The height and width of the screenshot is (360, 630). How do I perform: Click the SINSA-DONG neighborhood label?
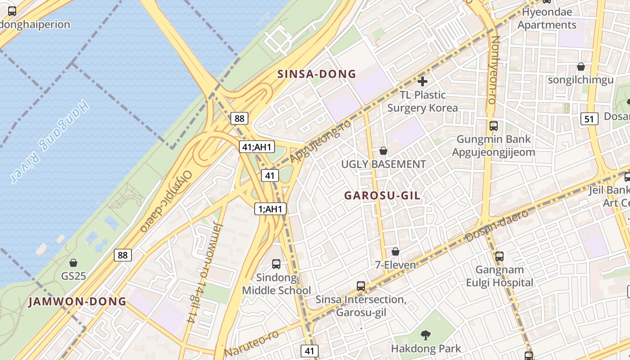[x=317, y=74]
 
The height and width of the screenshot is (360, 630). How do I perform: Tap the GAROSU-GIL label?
[x=382, y=196]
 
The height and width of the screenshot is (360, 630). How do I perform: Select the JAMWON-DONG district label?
[x=77, y=301]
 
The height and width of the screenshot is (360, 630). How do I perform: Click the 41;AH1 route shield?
[x=256, y=147]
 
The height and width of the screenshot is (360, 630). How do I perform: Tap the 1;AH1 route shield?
[x=270, y=209]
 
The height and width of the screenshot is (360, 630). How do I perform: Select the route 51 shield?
[x=589, y=119]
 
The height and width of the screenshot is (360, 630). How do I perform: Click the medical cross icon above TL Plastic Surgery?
[x=422, y=81]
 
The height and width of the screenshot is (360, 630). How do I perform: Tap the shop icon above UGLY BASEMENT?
[x=383, y=151]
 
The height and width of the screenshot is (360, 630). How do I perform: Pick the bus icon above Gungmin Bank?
[x=494, y=126]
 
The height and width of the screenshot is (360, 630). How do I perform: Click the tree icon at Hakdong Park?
[x=425, y=335]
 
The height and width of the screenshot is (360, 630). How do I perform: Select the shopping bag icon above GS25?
[x=73, y=262]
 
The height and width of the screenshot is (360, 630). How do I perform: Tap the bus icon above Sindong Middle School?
[x=276, y=264]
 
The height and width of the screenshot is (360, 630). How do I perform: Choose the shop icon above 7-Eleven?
[x=396, y=252]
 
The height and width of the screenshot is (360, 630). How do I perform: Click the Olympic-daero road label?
[x=166, y=202]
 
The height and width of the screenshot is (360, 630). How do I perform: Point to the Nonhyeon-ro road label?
[x=494, y=70]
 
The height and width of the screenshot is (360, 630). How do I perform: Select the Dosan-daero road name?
[x=497, y=225]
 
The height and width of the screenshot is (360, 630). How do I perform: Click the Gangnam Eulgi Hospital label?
[x=499, y=276]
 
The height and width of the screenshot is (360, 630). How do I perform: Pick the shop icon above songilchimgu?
[x=581, y=67]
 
